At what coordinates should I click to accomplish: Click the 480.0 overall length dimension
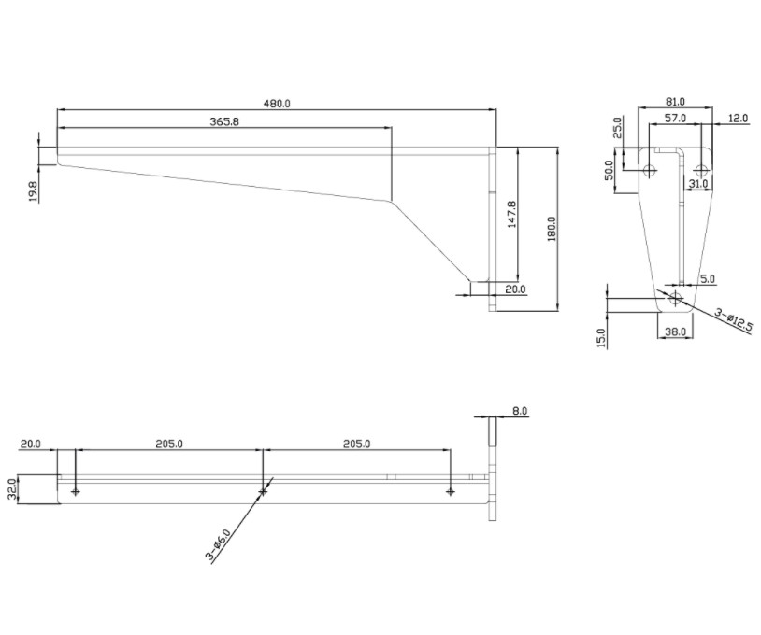point(277,104)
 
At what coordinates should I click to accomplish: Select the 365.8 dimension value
point(224,121)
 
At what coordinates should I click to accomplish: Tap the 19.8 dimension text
point(33,191)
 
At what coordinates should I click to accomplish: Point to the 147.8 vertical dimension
point(511,215)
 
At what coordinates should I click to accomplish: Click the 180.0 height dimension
point(552,229)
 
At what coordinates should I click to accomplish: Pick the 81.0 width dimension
point(675,102)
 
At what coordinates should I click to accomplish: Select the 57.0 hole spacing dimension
point(675,118)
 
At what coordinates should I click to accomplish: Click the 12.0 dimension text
point(738,118)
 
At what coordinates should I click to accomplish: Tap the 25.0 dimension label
point(617,128)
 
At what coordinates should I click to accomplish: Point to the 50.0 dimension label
point(610,170)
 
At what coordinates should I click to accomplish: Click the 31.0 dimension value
point(698,184)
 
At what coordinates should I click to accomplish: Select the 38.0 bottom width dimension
point(675,332)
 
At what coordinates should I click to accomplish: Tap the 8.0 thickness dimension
point(519,411)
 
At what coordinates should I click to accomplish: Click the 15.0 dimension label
point(602,338)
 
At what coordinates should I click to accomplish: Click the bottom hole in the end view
point(675,298)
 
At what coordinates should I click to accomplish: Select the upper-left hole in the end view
point(650,171)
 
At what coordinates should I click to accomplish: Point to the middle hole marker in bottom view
point(263,492)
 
